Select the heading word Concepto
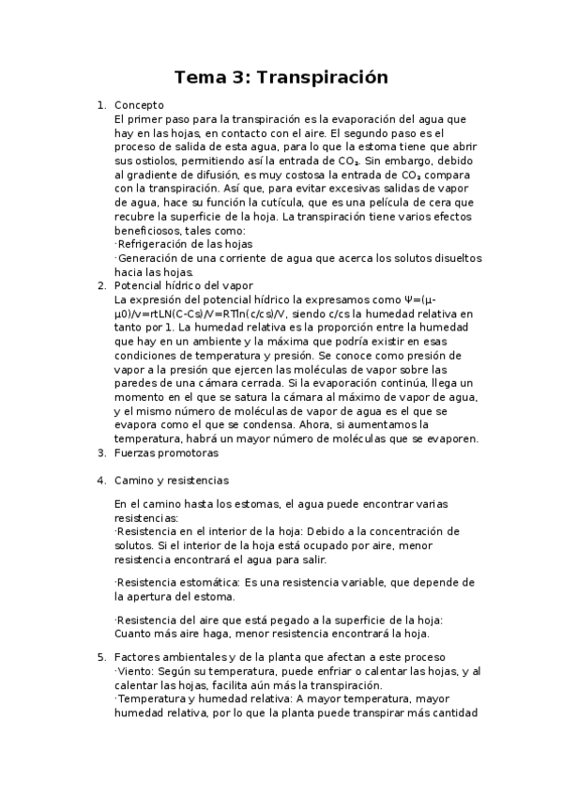click(139, 106)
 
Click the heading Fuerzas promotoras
click(165, 452)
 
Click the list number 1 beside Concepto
click(101, 106)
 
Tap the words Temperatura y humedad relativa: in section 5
click(197, 699)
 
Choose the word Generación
click(150, 257)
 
